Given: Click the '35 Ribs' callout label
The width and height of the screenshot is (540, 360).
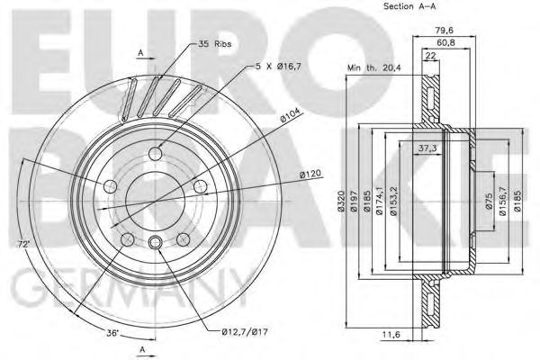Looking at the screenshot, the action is [x=214, y=44].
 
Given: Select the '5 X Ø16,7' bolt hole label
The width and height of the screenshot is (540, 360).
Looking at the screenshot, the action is [x=278, y=67].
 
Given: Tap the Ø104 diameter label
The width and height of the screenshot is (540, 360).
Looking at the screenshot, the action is [x=290, y=115].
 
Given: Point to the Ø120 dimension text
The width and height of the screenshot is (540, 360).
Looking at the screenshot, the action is [x=310, y=174].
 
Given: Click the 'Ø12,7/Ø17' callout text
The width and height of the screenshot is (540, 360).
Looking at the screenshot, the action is [x=245, y=332].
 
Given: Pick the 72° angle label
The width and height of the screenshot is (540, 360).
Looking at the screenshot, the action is [x=23, y=245].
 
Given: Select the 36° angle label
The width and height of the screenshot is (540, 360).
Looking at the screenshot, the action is [x=112, y=333].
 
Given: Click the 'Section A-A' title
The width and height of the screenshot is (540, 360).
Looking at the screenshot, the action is [x=409, y=6].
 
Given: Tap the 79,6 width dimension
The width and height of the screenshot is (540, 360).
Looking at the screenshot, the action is [x=444, y=31].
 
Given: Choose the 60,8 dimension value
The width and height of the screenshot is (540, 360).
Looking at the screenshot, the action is [x=445, y=42].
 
